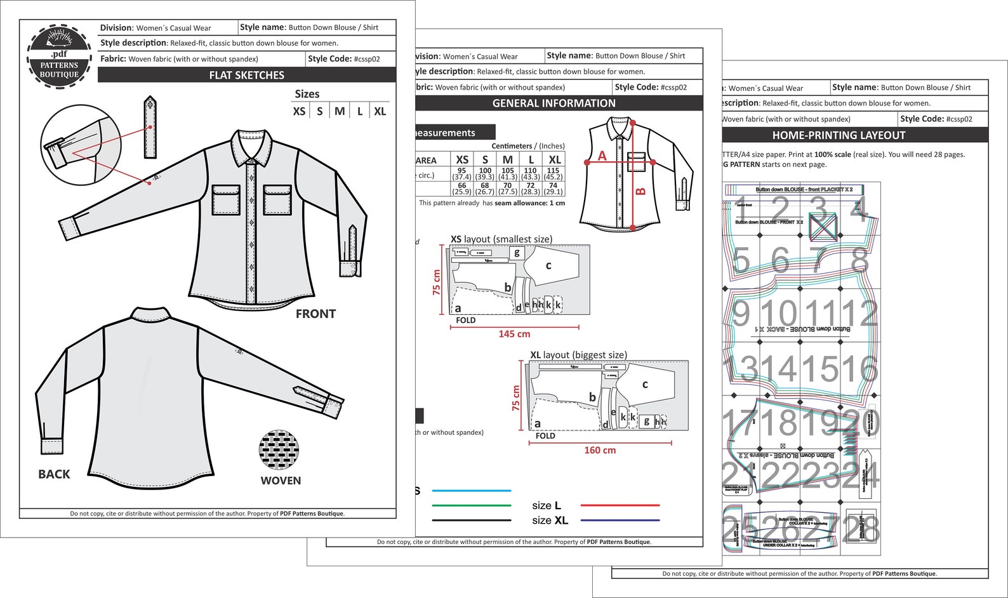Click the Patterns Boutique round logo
click(x=59, y=56)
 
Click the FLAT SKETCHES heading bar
click(x=246, y=75)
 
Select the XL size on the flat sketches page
click(x=380, y=111)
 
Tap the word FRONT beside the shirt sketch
click(x=315, y=314)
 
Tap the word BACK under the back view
click(x=54, y=474)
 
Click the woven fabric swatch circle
click(x=279, y=449)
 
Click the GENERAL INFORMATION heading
click(x=554, y=103)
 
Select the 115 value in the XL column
click(x=553, y=170)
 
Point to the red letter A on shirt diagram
click(x=602, y=156)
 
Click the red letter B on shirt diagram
click(x=640, y=190)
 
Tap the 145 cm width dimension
click(x=514, y=334)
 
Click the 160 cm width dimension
click(x=600, y=450)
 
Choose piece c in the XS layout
click(x=548, y=265)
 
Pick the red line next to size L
click(x=620, y=505)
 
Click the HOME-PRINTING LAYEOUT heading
click(x=838, y=135)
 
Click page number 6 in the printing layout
click(x=780, y=260)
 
